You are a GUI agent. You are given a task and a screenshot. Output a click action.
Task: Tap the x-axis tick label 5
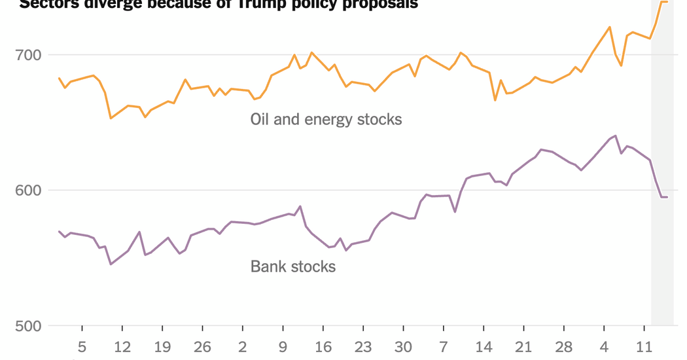coord(82,346)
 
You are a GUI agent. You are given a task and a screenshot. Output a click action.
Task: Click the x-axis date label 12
coord(122,346)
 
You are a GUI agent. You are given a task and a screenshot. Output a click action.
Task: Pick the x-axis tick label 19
coord(162,346)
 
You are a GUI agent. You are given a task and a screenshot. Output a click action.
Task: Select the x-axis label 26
coord(203,346)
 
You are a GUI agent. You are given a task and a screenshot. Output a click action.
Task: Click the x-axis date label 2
coord(243,346)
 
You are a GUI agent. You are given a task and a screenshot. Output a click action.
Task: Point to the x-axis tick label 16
coord(323,346)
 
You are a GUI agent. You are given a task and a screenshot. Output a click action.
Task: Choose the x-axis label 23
coord(363,346)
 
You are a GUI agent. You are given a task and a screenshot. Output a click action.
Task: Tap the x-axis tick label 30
coord(403,346)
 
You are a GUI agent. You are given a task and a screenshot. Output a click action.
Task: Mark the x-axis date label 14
coord(484,346)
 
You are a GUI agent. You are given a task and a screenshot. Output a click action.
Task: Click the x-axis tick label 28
coord(564,346)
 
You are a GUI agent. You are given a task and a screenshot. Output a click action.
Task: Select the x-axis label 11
coord(644,346)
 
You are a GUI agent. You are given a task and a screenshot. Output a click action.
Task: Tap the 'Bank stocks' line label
coord(293,266)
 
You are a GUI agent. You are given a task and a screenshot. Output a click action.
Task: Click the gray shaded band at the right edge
coord(662,196)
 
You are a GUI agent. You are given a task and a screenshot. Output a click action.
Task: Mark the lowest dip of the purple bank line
coord(111,264)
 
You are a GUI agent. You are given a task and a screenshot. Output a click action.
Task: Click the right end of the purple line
coord(667,197)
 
